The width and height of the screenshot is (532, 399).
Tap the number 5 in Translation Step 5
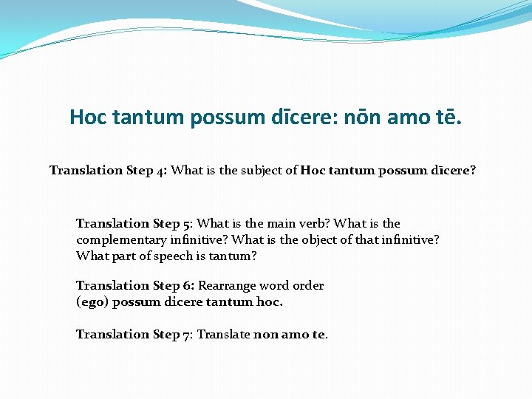click(x=188, y=223)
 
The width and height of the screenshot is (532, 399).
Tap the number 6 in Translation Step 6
click(x=188, y=285)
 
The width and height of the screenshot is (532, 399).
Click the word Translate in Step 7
click(x=223, y=334)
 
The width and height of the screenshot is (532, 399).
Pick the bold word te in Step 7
click(x=318, y=334)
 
